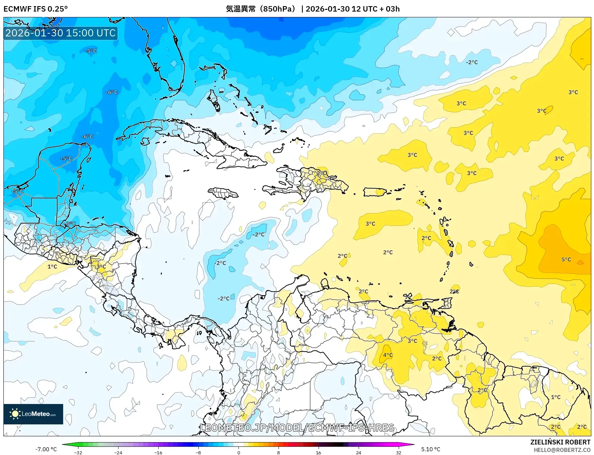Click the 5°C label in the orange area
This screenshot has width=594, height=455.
click(x=566, y=259)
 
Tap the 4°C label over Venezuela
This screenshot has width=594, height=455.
click(x=388, y=355)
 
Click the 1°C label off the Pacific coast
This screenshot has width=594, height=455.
click(x=52, y=267)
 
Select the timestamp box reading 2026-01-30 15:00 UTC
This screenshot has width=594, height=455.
click(x=60, y=33)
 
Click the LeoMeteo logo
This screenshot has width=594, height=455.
click(x=33, y=414)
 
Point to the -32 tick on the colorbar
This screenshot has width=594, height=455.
click(x=78, y=452)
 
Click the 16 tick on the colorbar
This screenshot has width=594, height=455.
click(x=318, y=452)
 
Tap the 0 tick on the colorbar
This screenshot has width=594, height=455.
click(x=238, y=452)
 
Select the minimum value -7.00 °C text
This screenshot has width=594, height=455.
click(x=46, y=449)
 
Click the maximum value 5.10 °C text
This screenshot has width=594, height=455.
click(x=431, y=449)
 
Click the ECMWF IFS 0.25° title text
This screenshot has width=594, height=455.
click(x=36, y=9)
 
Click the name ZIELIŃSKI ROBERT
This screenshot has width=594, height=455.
click(x=560, y=442)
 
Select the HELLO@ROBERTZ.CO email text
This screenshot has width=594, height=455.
click(x=562, y=450)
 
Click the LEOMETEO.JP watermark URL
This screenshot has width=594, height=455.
click(x=297, y=427)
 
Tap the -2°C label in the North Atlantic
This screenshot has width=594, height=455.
click(x=472, y=62)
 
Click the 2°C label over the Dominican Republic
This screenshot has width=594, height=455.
click(x=321, y=173)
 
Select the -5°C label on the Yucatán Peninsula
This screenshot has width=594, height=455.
click(x=67, y=158)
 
